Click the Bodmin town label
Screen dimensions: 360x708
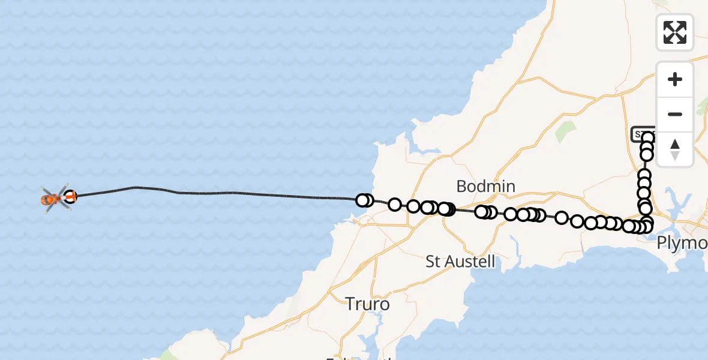click(485, 187)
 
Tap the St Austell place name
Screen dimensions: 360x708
click(460, 262)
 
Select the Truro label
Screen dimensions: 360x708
click(367, 304)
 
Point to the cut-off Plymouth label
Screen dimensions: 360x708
click(682, 243)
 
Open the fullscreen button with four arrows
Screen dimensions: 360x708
click(675, 32)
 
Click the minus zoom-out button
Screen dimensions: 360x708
click(675, 114)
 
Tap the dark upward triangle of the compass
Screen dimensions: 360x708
click(675, 144)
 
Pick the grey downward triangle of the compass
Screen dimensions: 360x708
click(675, 155)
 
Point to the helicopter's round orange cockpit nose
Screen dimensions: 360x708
click(46, 199)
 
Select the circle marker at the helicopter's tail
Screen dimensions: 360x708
click(70, 196)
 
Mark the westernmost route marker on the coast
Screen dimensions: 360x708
click(362, 200)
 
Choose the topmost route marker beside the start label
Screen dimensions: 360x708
click(648, 139)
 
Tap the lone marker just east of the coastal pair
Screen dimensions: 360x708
click(394, 205)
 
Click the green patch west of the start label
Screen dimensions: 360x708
click(566, 131)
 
